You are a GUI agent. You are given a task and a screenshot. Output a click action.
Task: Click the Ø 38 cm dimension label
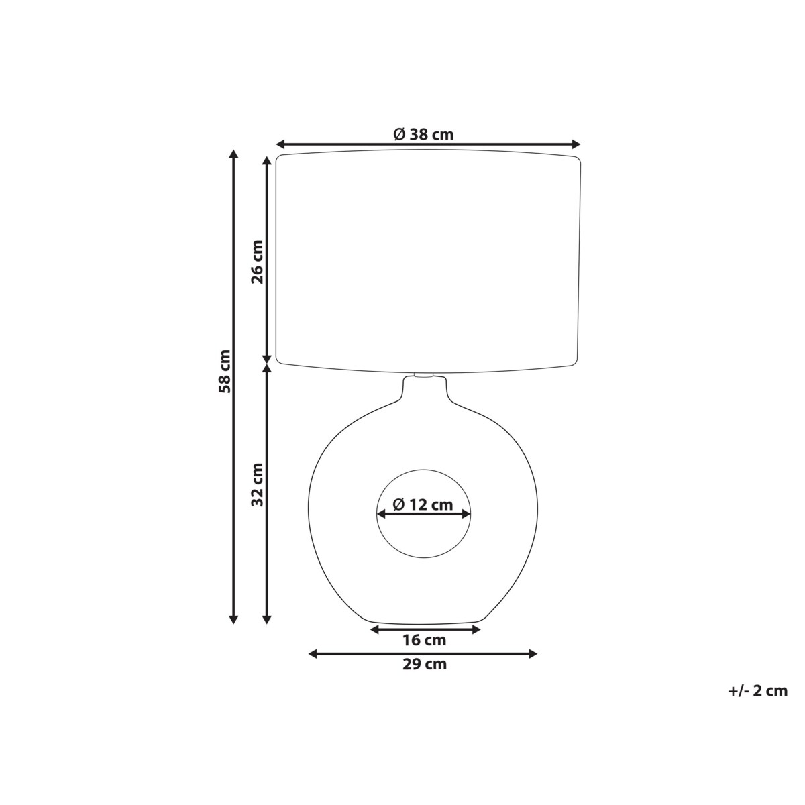pos(423,134)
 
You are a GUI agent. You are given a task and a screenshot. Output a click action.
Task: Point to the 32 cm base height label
pos(257,484)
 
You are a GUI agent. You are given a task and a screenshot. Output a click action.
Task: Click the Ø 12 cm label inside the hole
pos(423,504)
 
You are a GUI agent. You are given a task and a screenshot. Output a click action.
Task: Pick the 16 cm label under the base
pos(424,640)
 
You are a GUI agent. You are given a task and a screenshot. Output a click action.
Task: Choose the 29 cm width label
pos(424,665)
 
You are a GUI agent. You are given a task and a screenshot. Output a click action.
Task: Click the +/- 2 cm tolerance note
pos(757,690)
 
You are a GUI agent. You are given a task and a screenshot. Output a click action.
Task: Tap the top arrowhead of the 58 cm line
pos(233,154)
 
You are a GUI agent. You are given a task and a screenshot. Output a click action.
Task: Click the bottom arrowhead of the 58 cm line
pos(233,619)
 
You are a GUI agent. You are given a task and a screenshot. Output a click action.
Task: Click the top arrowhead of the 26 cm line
pos(267,161)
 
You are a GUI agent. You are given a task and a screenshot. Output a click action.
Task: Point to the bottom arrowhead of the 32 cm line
pos(267,619)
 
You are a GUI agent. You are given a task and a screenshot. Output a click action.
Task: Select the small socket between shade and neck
pos(424,374)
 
